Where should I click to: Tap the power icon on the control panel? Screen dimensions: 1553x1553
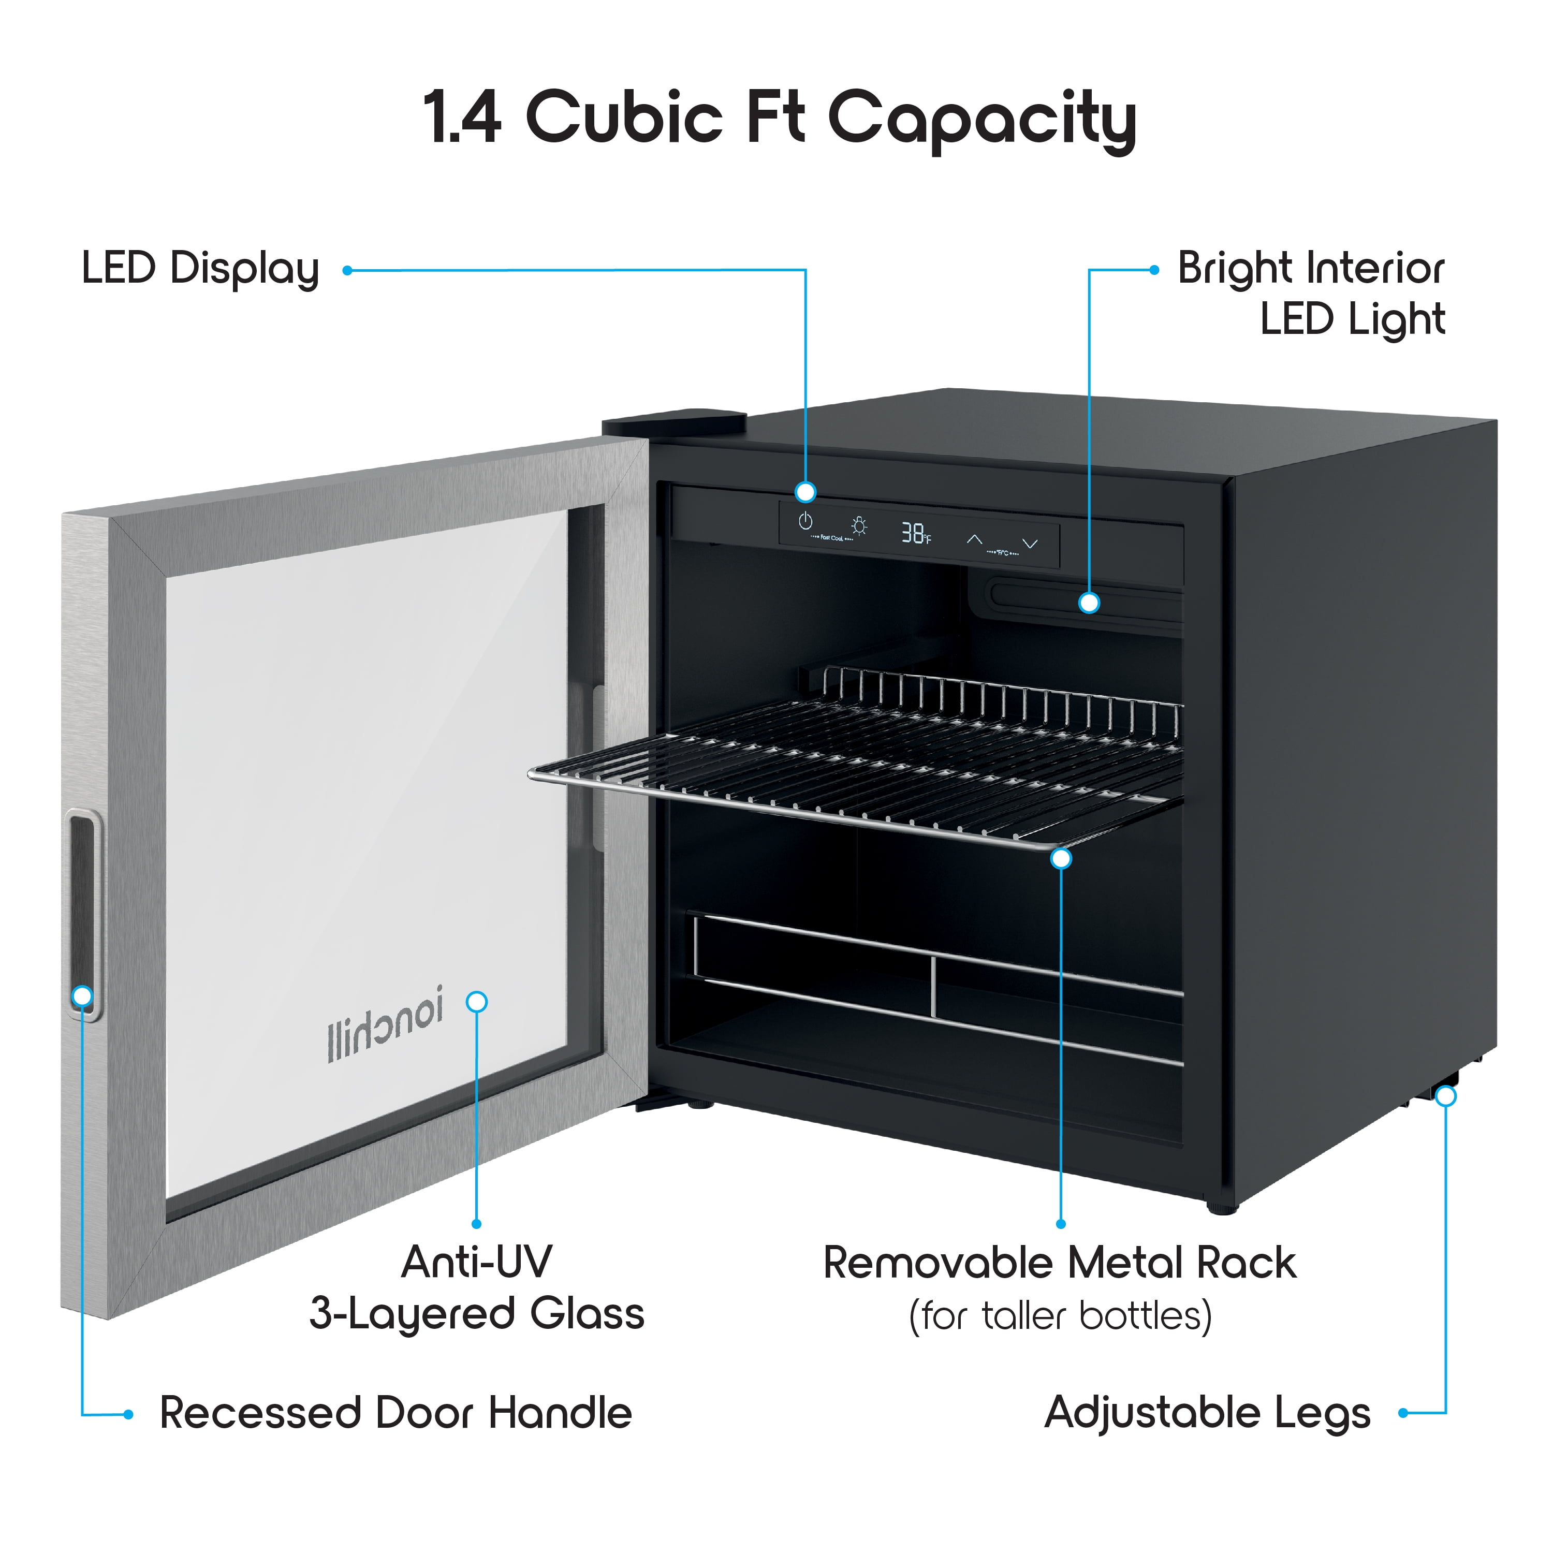click(804, 522)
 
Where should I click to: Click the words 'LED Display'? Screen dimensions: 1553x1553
click(200, 269)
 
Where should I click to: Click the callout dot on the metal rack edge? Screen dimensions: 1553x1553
click(1061, 858)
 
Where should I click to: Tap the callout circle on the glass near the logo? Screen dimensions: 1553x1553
click(477, 1002)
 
